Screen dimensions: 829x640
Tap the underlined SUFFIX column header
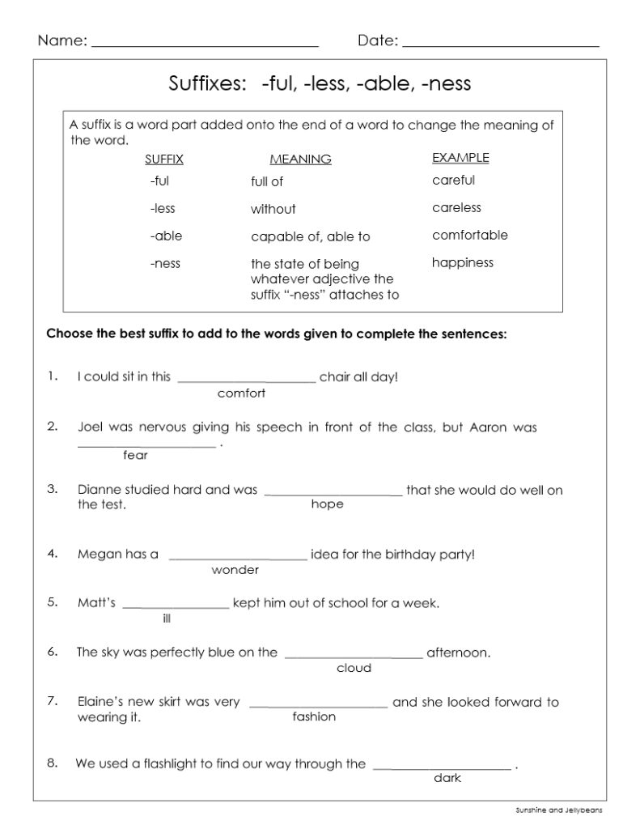(164, 159)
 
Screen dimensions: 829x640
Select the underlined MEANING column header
(300, 159)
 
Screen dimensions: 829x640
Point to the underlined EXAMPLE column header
(460, 158)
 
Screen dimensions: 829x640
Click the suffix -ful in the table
(159, 181)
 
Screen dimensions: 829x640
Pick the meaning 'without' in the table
(273, 209)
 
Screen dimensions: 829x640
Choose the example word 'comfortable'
(470, 236)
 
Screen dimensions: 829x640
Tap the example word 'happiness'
(463, 262)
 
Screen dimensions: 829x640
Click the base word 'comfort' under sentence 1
(242, 393)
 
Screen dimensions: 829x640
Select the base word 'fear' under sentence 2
(135, 455)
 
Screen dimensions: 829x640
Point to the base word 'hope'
(327, 504)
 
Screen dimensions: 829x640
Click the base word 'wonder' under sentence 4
(235, 570)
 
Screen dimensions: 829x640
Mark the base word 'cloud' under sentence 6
(354, 668)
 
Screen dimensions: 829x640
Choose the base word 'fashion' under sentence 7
(314, 716)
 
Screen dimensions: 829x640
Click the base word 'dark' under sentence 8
(447, 778)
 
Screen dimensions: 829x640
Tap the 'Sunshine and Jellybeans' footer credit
(559, 809)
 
